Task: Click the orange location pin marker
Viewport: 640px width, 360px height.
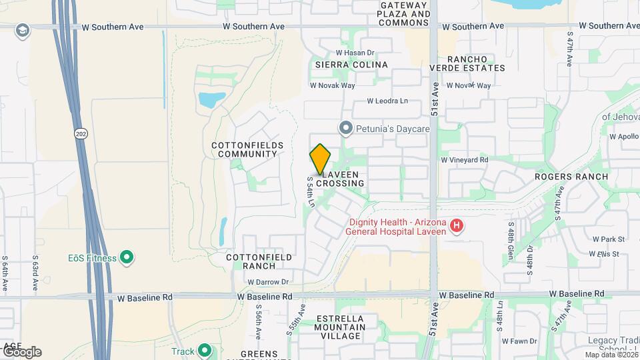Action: [321, 159]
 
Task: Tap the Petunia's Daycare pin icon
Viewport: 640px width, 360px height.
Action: [345, 127]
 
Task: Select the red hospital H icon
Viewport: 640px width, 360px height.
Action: [457, 226]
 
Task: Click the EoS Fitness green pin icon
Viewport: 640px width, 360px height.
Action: [127, 257]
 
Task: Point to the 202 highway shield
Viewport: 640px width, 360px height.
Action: [81, 133]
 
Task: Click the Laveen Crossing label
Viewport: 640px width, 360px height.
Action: [340, 178]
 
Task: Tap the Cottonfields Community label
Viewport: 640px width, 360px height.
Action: [247, 149]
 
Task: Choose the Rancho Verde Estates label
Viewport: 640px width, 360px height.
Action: [467, 63]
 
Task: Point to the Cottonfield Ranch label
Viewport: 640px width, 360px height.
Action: [251, 261]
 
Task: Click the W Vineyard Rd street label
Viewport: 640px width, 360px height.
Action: [465, 160]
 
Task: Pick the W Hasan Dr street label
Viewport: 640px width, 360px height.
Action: [355, 53]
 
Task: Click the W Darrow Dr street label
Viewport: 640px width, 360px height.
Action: [265, 282]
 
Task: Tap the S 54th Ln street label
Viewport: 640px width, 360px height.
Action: [311, 191]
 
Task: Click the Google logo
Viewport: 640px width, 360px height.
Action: [21, 351]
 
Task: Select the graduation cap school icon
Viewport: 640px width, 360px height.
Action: [22, 30]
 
